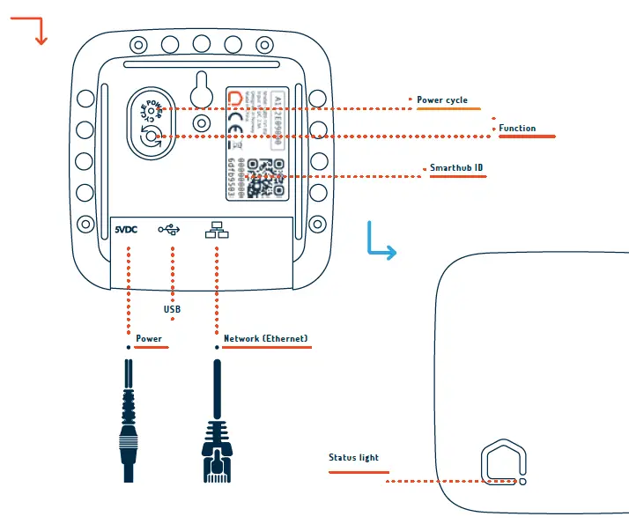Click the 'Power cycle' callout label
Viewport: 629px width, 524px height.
pos(442,100)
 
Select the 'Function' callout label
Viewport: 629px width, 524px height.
pos(517,129)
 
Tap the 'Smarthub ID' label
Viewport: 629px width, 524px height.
pos(455,167)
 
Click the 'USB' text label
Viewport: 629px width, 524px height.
pos(172,310)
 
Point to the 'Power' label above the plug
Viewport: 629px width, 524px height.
pos(149,339)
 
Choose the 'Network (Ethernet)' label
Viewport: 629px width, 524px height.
pos(266,339)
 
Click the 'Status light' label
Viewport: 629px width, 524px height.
pos(353,458)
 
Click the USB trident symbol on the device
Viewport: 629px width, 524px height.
pos(169,230)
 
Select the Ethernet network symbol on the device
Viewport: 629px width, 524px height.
pos(214,230)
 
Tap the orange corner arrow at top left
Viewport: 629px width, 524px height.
pos(34,32)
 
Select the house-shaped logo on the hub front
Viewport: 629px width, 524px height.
pos(504,462)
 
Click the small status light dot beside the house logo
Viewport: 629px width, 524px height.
pos(522,482)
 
